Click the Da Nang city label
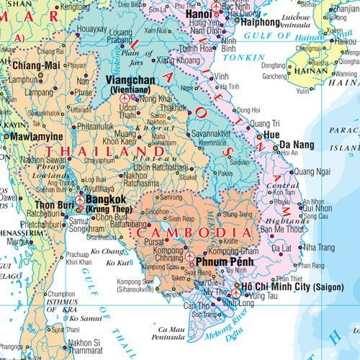pos(296,144)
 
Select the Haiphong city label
pos(254,22)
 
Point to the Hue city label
pos(271,134)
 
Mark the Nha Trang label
pos(318,247)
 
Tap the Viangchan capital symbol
pos(127,97)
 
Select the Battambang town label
pos(150,223)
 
